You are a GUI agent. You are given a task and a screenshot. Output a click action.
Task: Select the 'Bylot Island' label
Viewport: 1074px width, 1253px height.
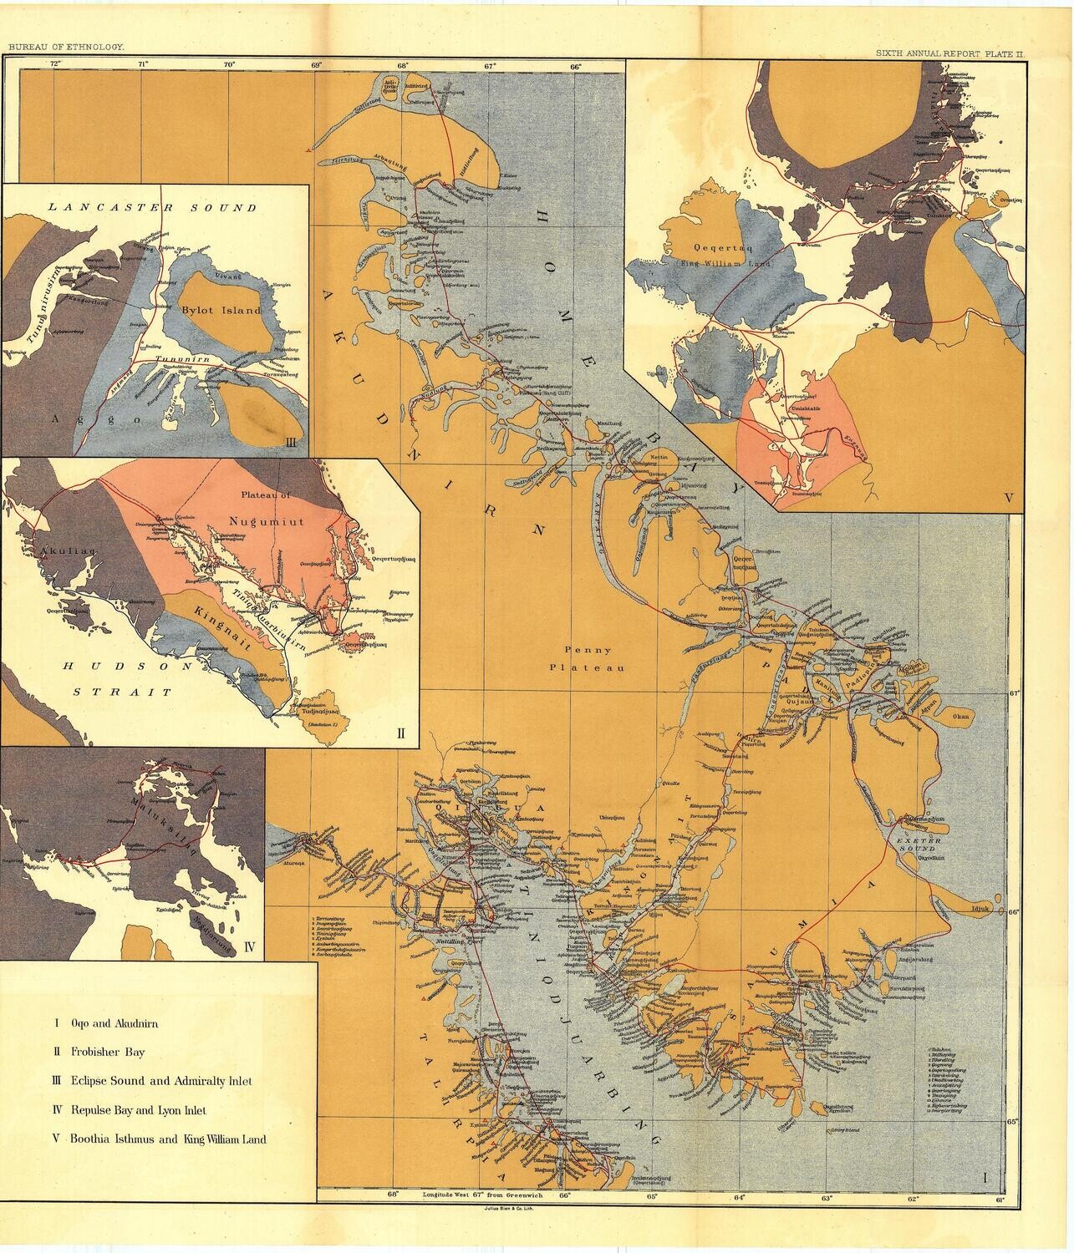(221, 310)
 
